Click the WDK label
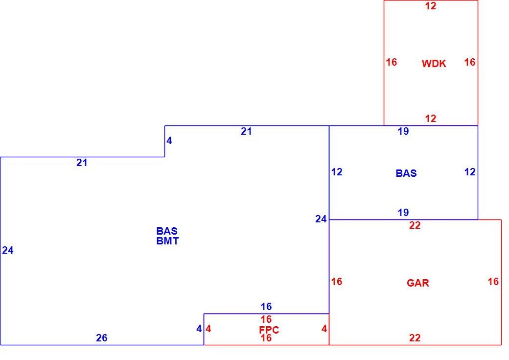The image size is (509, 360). click(x=434, y=64)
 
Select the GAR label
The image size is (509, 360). click(x=417, y=283)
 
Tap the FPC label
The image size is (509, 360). click(x=269, y=330)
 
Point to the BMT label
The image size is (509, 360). click(x=167, y=240)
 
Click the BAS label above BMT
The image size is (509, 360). click(x=167, y=231)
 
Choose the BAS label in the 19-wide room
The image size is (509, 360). click(x=406, y=173)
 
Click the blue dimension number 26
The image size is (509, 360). click(x=101, y=338)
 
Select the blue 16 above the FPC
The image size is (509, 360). click(x=266, y=307)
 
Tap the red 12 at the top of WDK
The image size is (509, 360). click(x=430, y=6)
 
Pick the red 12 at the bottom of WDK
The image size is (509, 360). click(x=430, y=119)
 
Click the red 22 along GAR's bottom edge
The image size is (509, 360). click(x=415, y=338)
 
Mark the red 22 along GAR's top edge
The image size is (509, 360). click(x=415, y=226)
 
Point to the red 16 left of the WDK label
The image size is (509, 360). click(x=391, y=62)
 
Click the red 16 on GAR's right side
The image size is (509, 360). click(x=493, y=282)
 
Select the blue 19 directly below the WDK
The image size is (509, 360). click(x=403, y=131)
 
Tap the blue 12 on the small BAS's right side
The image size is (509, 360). click(x=469, y=172)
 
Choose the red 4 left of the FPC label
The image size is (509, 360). click(x=208, y=329)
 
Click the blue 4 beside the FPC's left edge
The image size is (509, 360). click(x=199, y=329)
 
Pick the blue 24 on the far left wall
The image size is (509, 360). click(x=8, y=251)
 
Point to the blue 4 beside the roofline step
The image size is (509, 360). click(x=169, y=141)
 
